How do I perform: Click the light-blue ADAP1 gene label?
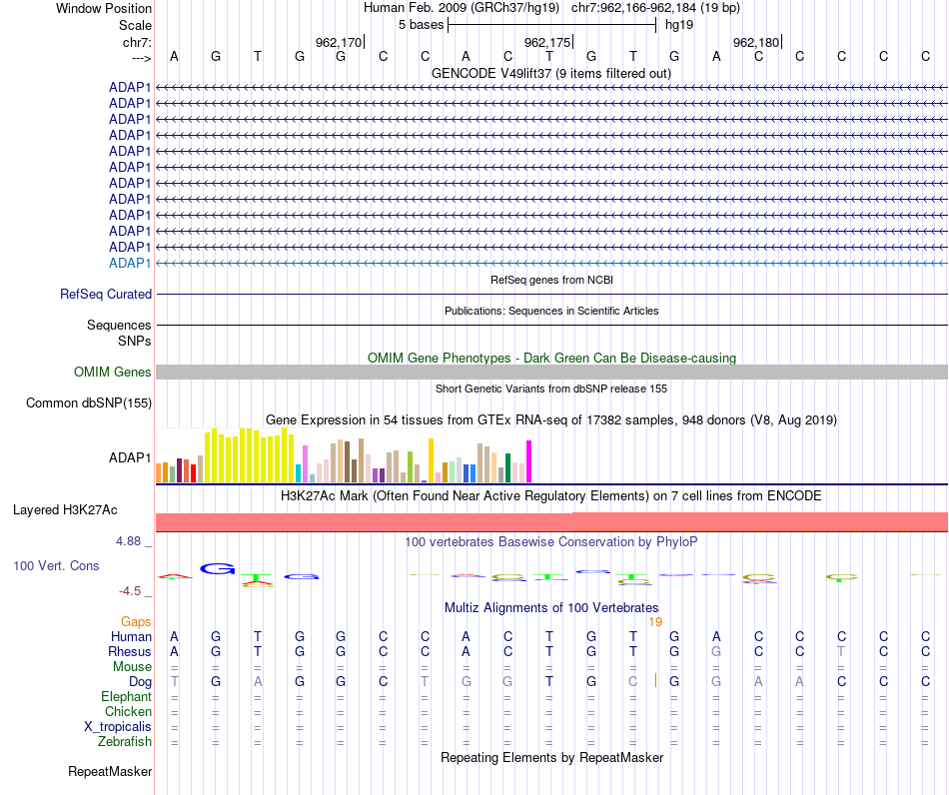(x=130, y=264)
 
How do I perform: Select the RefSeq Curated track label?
(x=106, y=294)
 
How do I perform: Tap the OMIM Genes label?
(x=113, y=373)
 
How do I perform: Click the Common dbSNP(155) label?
(x=89, y=402)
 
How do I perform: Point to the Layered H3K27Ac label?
(x=65, y=510)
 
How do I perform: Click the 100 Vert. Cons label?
(x=56, y=565)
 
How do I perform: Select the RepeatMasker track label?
(x=110, y=771)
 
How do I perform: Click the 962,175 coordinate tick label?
(x=547, y=42)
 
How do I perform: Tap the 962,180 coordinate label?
(x=756, y=42)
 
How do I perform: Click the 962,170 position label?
(x=339, y=42)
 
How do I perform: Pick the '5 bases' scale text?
(x=422, y=25)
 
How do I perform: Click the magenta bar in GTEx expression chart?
(x=529, y=461)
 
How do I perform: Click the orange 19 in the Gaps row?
(x=655, y=622)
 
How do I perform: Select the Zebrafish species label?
(x=125, y=741)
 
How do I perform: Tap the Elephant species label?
(x=127, y=696)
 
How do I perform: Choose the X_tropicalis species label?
(x=118, y=727)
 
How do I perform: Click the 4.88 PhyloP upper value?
(x=128, y=541)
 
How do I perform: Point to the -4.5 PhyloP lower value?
(x=130, y=591)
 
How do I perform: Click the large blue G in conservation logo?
(x=218, y=568)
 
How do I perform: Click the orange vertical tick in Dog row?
(x=655, y=681)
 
